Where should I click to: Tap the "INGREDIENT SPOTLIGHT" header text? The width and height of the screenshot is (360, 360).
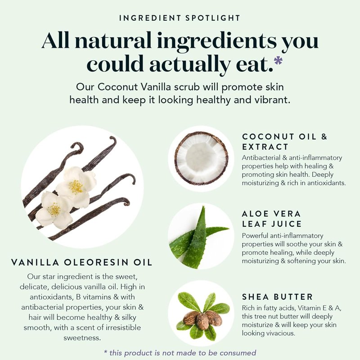point(180,18)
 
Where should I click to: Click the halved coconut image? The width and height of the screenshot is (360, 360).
point(201,158)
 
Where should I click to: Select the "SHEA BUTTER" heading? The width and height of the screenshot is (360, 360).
point(277,297)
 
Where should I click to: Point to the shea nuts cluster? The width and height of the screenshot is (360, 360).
point(202,319)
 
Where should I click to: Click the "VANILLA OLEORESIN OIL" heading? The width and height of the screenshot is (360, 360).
point(82,262)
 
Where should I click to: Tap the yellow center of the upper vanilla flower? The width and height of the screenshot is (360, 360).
point(76,186)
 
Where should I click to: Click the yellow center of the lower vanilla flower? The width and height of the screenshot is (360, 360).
point(54,210)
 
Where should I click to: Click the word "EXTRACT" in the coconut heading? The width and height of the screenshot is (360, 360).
point(265,147)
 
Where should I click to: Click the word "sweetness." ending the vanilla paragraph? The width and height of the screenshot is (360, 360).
point(82,338)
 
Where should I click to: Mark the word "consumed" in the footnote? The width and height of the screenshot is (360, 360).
point(238,353)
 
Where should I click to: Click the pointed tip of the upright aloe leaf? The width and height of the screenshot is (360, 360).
point(203,207)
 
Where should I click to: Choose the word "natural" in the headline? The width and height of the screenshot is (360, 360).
point(113,40)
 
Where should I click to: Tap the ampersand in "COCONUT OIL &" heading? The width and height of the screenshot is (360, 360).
point(324,137)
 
